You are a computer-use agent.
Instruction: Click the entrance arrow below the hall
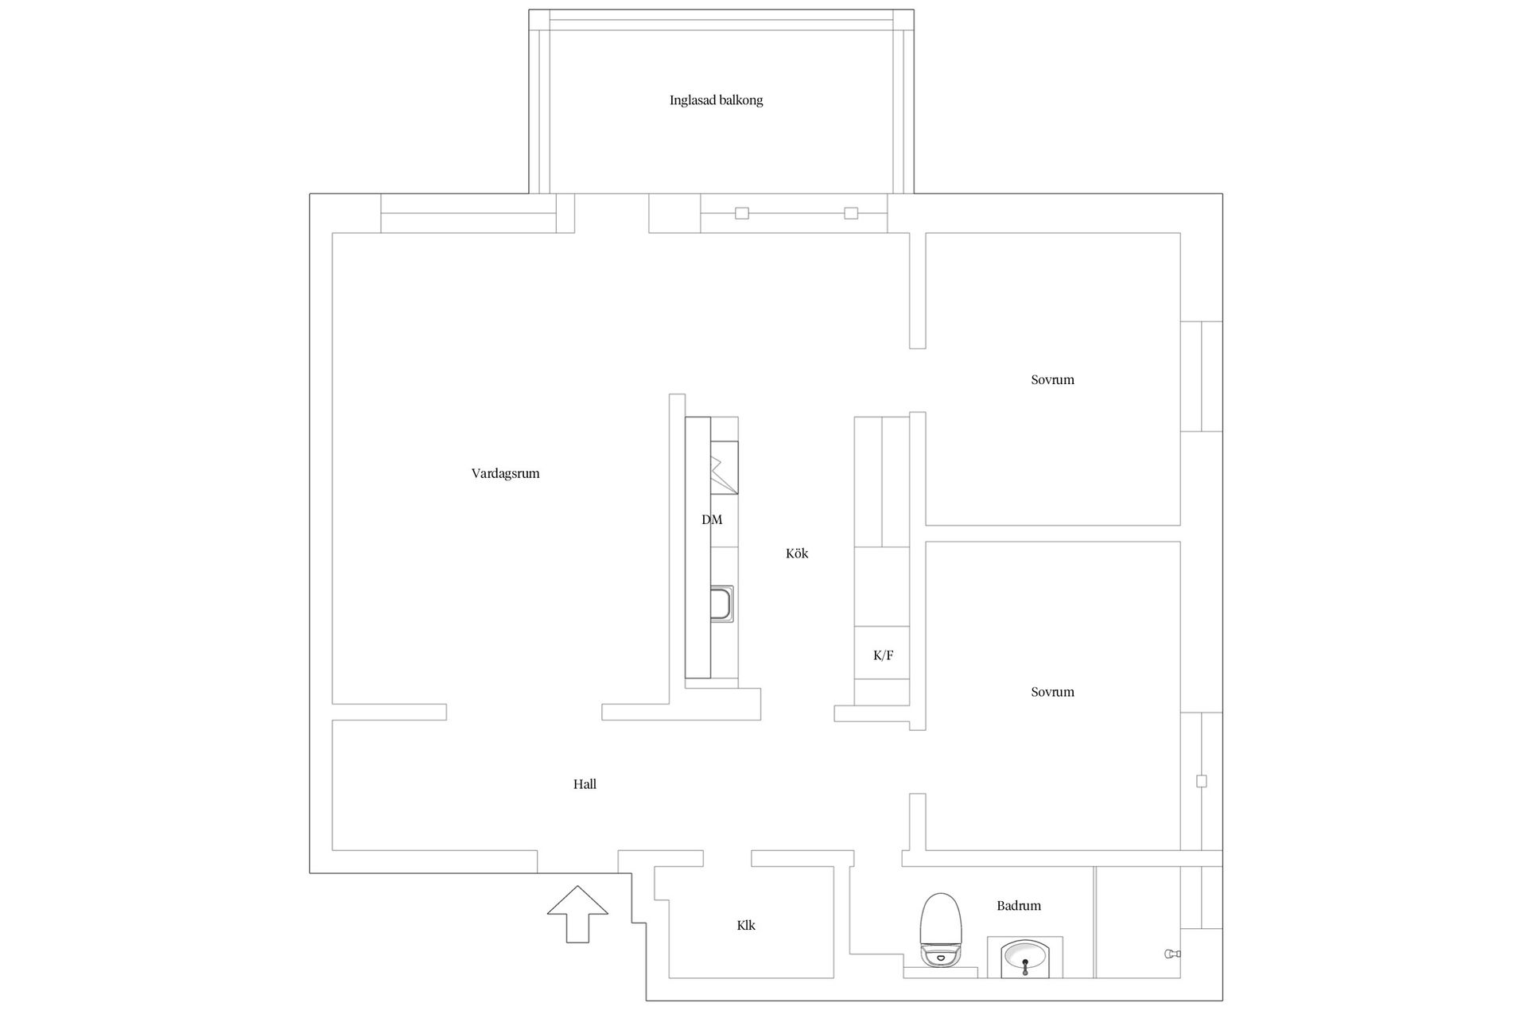[577, 914]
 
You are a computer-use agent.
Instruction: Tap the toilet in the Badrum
[941, 931]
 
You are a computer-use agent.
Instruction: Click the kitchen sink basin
[721, 604]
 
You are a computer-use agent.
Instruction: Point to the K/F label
[883, 655]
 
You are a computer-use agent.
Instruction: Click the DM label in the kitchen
[712, 519]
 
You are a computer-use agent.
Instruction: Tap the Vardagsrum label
[505, 473]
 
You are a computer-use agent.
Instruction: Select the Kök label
[797, 554]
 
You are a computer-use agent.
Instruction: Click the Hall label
[585, 784]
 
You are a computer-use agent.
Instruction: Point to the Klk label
[746, 926]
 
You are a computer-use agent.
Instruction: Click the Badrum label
[1019, 906]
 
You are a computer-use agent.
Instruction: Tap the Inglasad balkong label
[717, 100]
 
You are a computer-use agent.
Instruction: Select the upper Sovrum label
[1052, 379]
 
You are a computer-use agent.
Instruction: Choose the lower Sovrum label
[1052, 692]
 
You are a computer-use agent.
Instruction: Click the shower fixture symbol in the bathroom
[1172, 954]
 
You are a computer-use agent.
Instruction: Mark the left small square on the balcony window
[742, 213]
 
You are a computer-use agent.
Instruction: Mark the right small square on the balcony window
[851, 213]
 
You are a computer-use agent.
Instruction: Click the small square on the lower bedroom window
[1202, 781]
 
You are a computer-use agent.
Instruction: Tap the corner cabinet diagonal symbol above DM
[724, 475]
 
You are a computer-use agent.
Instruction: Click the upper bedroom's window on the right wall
[1201, 376]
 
